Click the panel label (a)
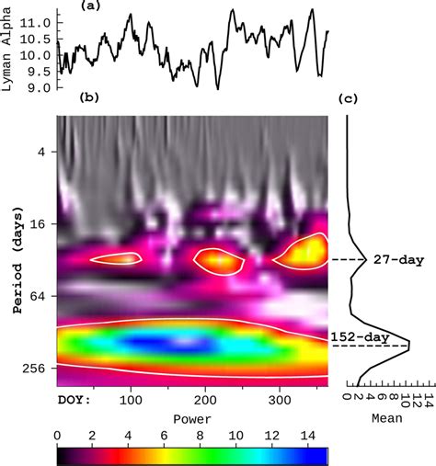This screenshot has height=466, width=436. (90, 6)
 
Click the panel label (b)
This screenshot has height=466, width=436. (90, 97)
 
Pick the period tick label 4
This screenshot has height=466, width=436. (40, 152)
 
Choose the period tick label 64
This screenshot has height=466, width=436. (37, 296)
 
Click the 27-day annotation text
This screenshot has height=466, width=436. (396, 260)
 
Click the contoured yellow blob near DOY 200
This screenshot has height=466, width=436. (217, 262)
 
